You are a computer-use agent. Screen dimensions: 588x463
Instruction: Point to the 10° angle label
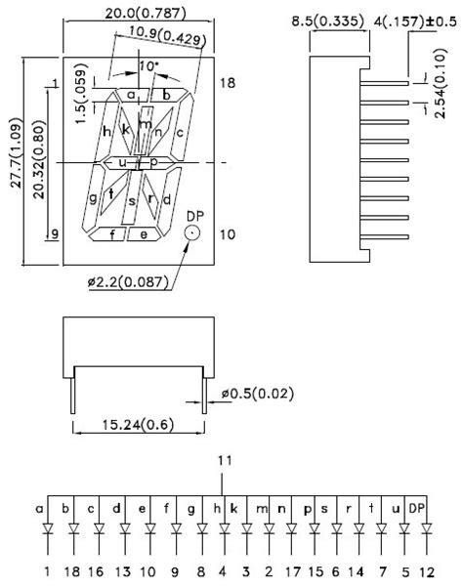coord(147,64)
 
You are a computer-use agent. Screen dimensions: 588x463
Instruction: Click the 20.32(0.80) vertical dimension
coord(35,161)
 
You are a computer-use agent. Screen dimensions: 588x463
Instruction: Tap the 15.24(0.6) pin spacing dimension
coord(139,426)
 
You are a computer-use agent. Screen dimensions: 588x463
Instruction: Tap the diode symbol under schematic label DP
coord(427,529)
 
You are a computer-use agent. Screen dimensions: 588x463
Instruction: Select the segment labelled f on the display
coord(114,234)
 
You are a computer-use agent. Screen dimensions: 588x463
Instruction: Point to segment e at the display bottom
coord(144,234)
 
